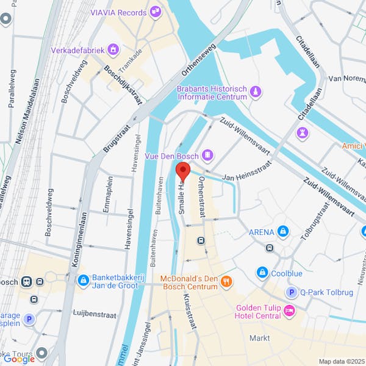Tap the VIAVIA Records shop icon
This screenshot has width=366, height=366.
156,10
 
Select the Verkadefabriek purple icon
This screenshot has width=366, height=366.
112,49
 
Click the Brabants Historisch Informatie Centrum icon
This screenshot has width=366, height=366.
256,92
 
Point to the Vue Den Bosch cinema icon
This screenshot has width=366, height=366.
209,155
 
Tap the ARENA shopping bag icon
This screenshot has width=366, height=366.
283,232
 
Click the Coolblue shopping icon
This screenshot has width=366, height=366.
262,272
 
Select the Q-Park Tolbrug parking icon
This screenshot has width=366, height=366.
292,292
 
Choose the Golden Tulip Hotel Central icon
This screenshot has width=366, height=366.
289,311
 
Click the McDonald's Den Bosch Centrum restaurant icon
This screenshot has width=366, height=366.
226,281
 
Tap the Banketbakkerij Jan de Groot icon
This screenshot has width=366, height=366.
83,280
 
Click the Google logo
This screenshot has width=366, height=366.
20,359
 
